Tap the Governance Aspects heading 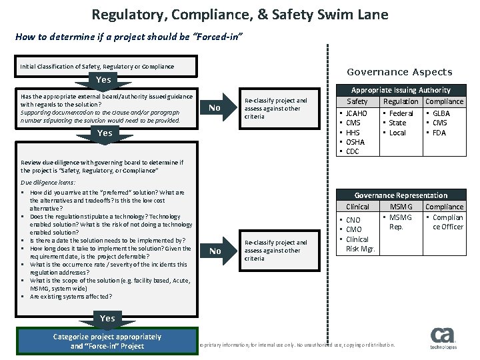pyautogui.click(x=399, y=72)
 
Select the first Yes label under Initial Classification pyautogui.click(x=103, y=80)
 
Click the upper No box pyautogui.click(x=213, y=108)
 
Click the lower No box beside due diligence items pyautogui.click(x=213, y=251)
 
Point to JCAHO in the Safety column pyautogui.click(x=357, y=113)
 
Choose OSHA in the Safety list pyautogui.click(x=355, y=142)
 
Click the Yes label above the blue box pyautogui.click(x=107, y=319)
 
